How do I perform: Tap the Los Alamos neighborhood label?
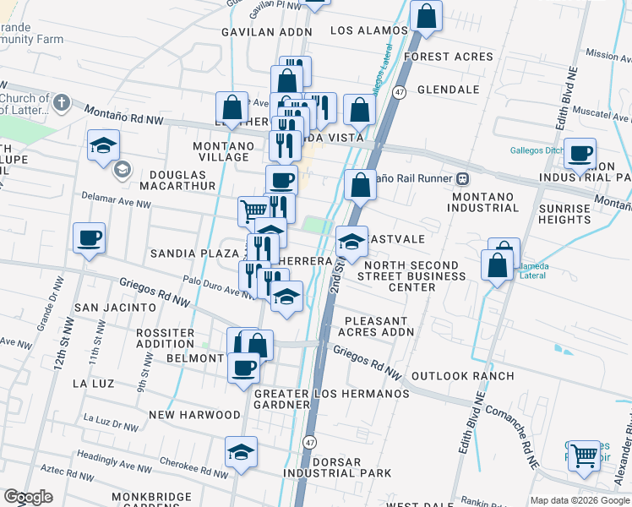coord(369,30)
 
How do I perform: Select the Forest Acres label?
coord(448,57)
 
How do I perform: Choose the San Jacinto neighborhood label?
coord(115,308)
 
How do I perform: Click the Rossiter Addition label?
coord(165,338)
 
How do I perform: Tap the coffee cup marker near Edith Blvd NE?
coord(580,153)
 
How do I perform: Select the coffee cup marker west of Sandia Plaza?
coord(89,237)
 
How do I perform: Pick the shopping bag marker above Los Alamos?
coord(427,14)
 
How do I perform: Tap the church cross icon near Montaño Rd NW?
coord(60,103)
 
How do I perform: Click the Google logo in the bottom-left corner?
coord(28,497)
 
